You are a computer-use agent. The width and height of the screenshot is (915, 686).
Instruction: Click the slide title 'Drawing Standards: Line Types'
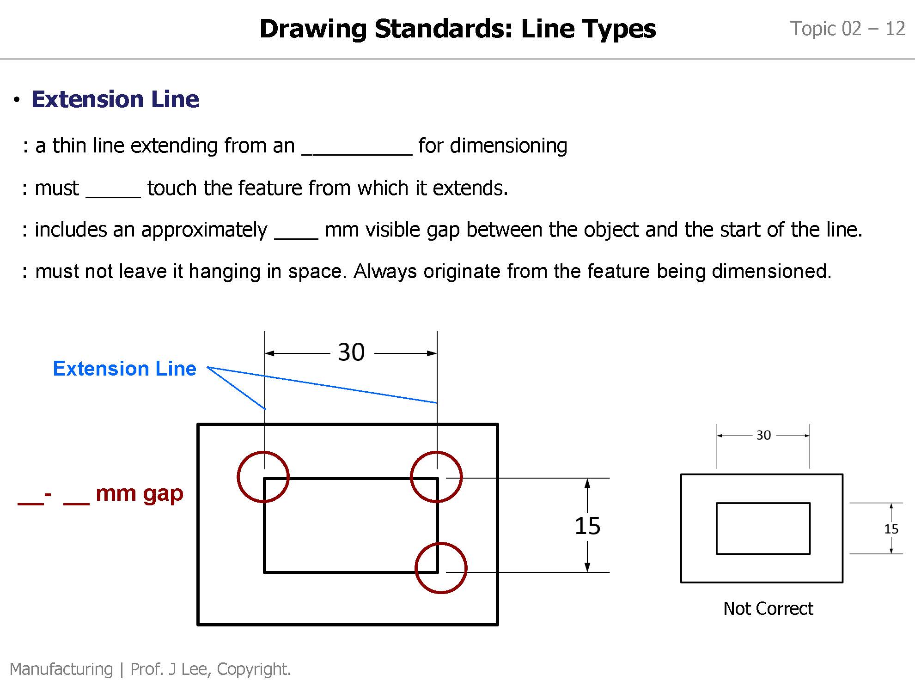pyautogui.click(x=457, y=29)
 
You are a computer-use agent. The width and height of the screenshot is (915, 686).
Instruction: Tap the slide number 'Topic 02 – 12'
pyautogui.click(x=847, y=29)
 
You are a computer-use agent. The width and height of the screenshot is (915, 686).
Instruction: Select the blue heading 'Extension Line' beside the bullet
pyautogui.click(x=115, y=99)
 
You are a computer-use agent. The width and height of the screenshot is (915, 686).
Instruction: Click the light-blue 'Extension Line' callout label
pyautogui.click(x=124, y=369)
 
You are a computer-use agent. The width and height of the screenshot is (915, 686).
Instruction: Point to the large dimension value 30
pyautogui.click(x=351, y=352)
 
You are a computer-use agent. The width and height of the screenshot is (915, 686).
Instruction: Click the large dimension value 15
pyautogui.click(x=587, y=526)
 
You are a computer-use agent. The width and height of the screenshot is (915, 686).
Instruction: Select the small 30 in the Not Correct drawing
pyautogui.click(x=763, y=435)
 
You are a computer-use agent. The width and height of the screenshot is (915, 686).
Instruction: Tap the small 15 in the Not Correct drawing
pyautogui.click(x=891, y=529)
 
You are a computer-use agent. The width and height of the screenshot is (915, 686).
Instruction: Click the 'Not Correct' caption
pyautogui.click(x=768, y=609)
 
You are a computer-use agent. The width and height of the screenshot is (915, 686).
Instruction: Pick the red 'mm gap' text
pyautogui.click(x=139, y=493)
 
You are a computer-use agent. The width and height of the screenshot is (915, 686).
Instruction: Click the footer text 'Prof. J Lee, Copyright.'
pyautogui.click(x=211, y=669)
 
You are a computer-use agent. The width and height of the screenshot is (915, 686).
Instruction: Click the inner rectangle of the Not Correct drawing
pyautogui.click(x=763, y=528)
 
